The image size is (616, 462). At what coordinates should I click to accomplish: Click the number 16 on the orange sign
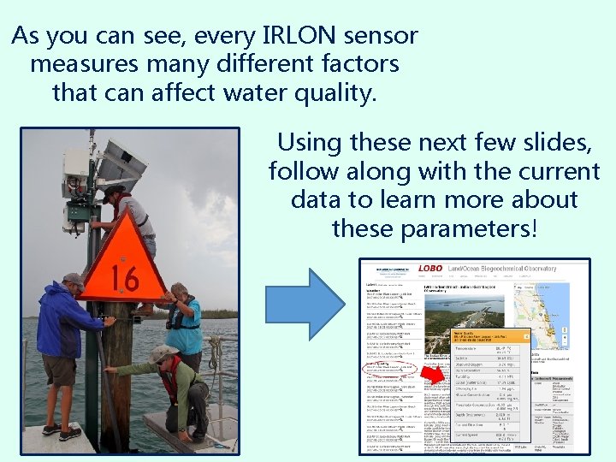pos(125,276)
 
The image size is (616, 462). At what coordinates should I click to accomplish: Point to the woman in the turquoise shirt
pos(183,321)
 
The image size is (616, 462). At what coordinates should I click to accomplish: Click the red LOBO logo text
pos(430,269)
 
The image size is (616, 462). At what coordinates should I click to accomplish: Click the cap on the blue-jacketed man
pos(74,279)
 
